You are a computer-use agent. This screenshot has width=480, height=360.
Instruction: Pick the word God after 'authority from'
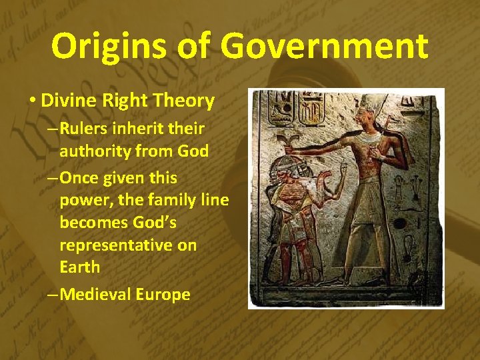coord(193,151)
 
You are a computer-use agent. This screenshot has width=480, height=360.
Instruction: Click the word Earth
coord(79,267)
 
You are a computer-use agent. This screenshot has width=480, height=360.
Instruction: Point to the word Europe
coord(163,294)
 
